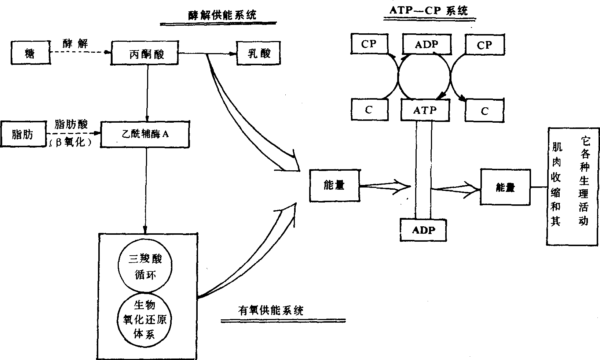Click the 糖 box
point(30,53)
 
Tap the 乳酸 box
point(259,53)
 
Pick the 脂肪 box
point(22,134)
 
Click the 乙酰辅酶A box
point(146,134)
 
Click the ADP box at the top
point(426,44)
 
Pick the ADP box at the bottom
point(424,230)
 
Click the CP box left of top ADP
point(369,44)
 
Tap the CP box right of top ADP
point(484,45)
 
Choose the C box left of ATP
point(369,110)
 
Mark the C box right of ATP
point(484,111)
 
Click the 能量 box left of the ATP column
point(334,185)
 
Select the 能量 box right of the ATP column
point(505,187)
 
